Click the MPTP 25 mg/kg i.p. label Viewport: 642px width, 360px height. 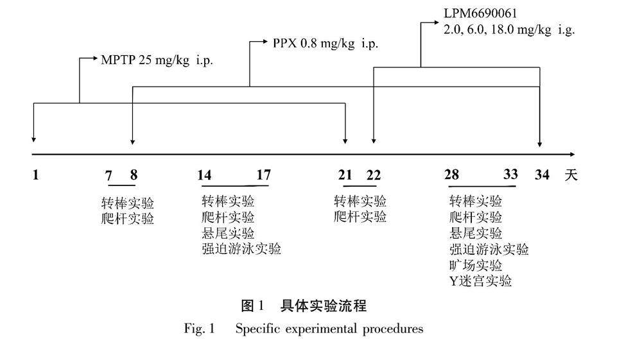(157, 60)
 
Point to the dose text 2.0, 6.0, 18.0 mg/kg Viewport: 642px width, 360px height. (509, 29)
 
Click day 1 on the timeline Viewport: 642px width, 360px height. (35, 175)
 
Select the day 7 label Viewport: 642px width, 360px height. (108, 175)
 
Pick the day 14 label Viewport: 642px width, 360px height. (205, 175)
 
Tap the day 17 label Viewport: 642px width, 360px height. (263, 175)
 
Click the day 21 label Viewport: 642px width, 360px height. (345, 175)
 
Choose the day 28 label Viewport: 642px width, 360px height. (451, 175)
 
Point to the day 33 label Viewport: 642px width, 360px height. (510, 175)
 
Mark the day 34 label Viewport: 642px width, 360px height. (542, 175)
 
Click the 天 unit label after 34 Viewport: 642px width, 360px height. (571, 175)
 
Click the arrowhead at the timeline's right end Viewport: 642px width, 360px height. (572, 154)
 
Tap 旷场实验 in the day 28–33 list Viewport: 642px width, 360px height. (476, 265)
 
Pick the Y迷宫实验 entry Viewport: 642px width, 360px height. (481, 281)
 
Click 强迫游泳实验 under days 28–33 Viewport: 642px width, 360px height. (489, 249)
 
